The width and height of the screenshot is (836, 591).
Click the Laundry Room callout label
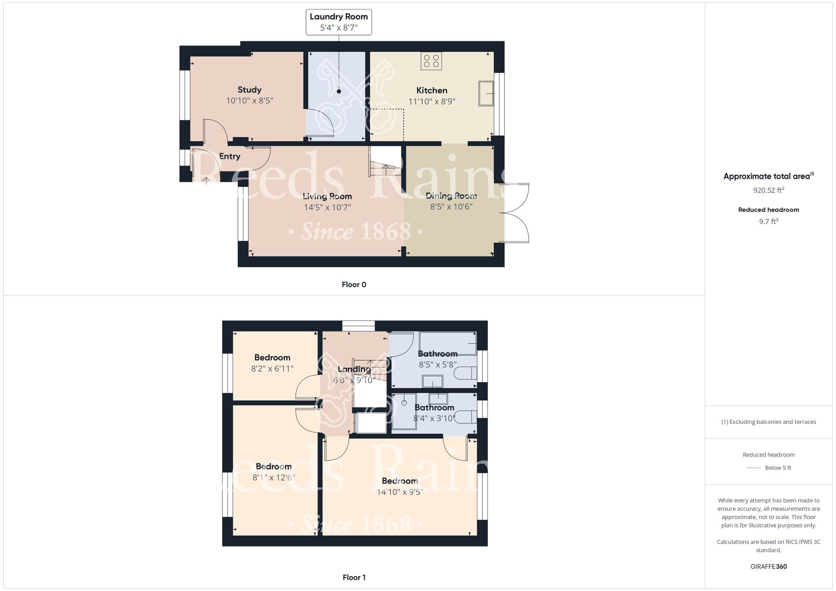pos(339,22)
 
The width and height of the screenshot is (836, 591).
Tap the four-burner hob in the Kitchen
pos(431,61)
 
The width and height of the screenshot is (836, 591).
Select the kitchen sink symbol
pos(486,93)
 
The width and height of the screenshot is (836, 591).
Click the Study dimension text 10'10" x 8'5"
pos(250,101)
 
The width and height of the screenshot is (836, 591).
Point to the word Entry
pos(229,156)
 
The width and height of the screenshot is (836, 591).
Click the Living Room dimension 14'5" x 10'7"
pos(327,207)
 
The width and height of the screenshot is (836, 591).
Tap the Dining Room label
pos(451,196)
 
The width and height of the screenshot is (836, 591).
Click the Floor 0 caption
pos(354,285)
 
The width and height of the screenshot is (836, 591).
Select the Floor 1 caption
pos(354,578)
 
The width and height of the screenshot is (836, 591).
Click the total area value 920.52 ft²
pos(769,190)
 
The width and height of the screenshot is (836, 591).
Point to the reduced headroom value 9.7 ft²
pos(769,222)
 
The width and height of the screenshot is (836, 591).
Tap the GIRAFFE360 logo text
pos(769,567)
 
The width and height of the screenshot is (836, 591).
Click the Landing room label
pos(354,369)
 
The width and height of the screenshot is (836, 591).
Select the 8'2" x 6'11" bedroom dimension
pos(272,369)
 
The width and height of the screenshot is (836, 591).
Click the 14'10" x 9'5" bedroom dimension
pos(400,492)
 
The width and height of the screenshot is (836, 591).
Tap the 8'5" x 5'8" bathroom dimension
pos(438,364)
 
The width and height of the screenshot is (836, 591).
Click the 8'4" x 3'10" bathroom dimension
pos(434,418)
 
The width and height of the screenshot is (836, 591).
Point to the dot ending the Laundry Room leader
pos(339,92)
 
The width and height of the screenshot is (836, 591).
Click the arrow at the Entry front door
pos(206,181)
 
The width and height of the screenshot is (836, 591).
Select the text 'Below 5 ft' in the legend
pos(778,468)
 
